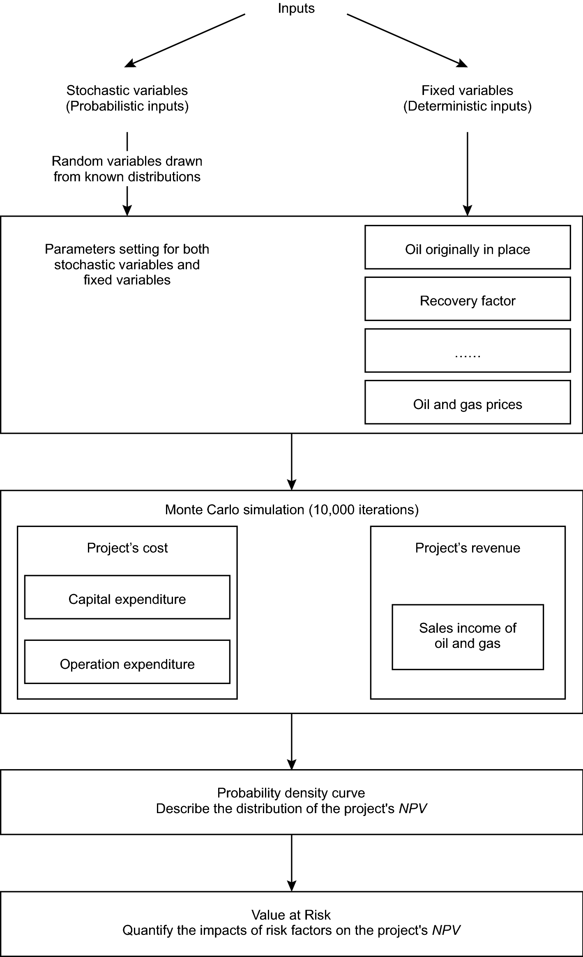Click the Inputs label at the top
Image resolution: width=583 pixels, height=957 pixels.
coord(296,8)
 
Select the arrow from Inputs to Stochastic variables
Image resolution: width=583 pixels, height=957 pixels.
coord(185,40)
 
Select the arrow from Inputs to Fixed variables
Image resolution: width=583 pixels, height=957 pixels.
coord(407,40)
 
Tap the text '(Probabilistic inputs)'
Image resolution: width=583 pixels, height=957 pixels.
coord(127,106)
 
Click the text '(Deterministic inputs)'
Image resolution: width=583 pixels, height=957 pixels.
coord(467,106)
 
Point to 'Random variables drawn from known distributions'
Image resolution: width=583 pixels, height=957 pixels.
coord(127,169)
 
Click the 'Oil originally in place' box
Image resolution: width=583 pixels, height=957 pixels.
coord(467,247)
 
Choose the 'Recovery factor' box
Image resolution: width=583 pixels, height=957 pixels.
coord(467,299)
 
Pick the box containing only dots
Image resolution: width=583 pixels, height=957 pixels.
coord(467,351)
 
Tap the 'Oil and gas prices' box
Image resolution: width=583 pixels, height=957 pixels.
coord(467,402)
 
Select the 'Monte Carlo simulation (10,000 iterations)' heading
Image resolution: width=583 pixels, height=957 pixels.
coord(291,510)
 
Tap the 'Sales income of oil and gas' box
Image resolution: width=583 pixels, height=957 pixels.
coord(467,637)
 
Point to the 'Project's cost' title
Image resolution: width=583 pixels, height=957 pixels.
coord(127,548)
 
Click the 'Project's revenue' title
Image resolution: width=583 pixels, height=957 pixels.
coord(467,548)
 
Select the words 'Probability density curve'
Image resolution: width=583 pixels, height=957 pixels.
coord(291,793)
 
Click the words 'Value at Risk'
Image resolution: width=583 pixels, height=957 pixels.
coord(291,915)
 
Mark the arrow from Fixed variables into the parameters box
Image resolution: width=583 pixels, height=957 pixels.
coord(467,173)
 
